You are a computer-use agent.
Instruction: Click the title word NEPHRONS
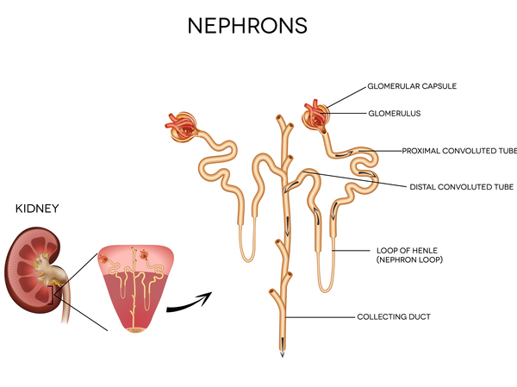coord(247,25)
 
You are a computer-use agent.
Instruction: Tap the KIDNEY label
coord(35,208)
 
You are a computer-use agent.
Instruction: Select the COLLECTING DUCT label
coord(393,317)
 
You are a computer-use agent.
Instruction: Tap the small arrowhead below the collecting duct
coord(281,354)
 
